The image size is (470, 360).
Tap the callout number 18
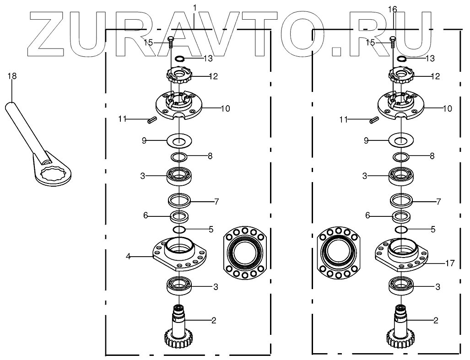(x=12, y=76)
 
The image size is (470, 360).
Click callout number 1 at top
(x=195, y=8)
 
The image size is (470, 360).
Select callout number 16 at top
(x=392, y=9)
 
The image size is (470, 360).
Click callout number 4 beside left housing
(x=129, y=257)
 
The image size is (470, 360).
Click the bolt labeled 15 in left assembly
(x=171, y=43)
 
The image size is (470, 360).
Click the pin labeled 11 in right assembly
(x=373, y=120)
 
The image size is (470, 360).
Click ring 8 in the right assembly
(x=400, y=157)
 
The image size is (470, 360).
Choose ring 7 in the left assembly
(x=179, y=200)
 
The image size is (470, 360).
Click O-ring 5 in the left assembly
(x=179, y=229)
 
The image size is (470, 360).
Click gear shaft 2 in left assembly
(x=179, y=327)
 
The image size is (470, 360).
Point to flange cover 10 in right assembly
(x=400, y=107)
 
